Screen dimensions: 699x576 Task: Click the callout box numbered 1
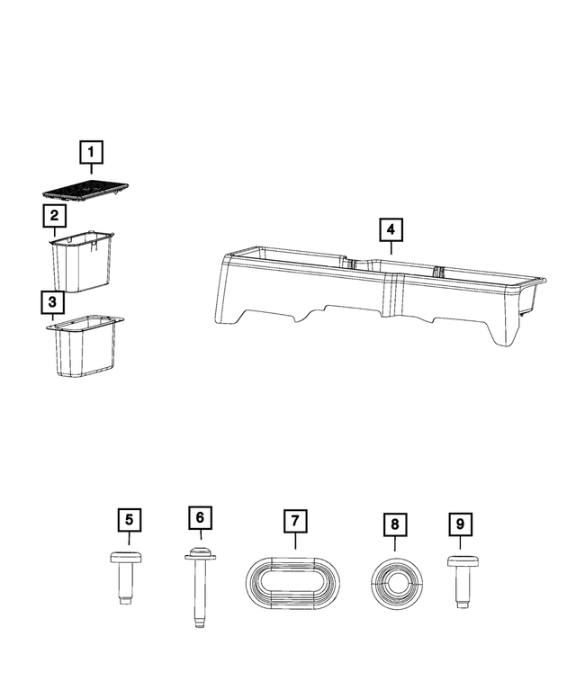pos(91,153)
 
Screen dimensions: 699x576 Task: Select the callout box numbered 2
pos(54,216)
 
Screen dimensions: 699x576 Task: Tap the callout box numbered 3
pos(53,301)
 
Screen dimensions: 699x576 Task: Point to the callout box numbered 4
pos(391,229)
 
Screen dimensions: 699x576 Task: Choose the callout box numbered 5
pos(129,520)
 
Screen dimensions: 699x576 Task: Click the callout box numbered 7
pos(293,521)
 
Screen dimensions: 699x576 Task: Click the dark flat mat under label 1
pos(85,190)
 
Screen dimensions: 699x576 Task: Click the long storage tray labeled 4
pos(378,288)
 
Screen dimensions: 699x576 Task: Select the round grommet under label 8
pos(397,582)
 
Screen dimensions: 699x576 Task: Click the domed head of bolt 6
pos(201,551)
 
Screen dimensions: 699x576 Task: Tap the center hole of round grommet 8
pos(397,582)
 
